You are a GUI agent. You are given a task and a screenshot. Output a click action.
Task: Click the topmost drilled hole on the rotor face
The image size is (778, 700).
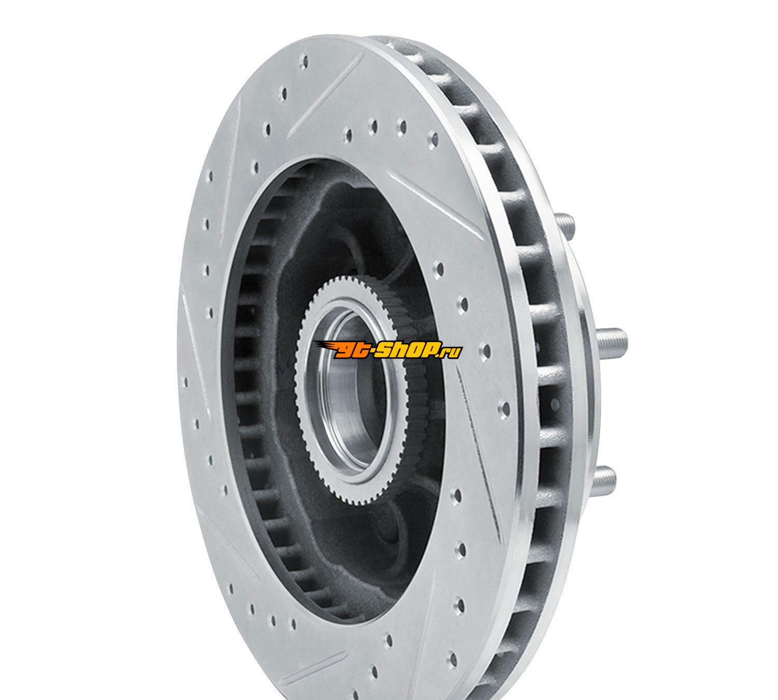click(305, 61)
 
